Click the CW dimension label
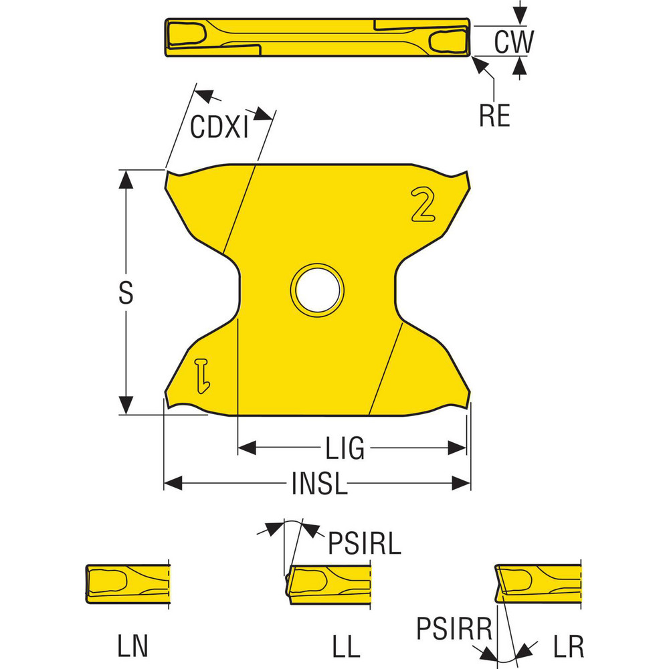[x=514, y=41]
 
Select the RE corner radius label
[x=494, y=115]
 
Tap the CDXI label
[x=219, y=126]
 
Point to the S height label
[x=126, y=293]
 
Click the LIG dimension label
[x=345, y=448]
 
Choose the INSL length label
[x=319, y=484]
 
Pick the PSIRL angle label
[x=365, y=543]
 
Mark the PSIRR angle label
[x=454, y=628]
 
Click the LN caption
[x=132, y=646]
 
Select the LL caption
[x=346, y=646]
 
